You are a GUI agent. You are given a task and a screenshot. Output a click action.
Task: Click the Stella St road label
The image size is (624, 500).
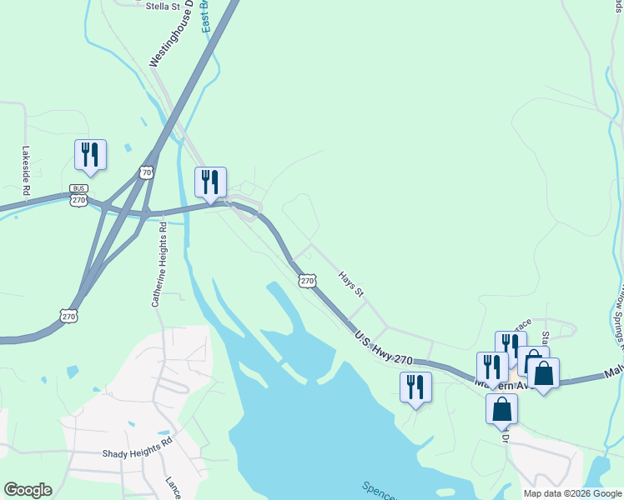pyautogui.click(x=163, y=7)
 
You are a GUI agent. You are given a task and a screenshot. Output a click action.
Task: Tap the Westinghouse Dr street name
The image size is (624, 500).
pyautogui.click(x=171, y=34)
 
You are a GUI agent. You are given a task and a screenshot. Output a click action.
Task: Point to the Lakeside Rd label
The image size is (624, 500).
pyautogui.click(x=26, y=172)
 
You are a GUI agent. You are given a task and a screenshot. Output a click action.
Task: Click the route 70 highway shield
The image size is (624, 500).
pyautogui.click(x=147, y=172)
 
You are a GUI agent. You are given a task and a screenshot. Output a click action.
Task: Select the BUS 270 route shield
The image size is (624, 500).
pyautogui.click(x=78, y=196)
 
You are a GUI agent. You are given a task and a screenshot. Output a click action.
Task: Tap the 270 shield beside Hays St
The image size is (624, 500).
pyautogui.click(x=308, y=281)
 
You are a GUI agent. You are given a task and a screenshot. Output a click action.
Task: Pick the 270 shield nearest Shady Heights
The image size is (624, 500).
pyautogui.click(x=69, y=316)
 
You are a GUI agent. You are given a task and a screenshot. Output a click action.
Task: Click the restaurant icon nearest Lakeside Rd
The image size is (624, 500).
pyautogui.click(x=90, y=154)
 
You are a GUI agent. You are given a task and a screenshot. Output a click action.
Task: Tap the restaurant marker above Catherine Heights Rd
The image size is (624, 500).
pyautogui.click(x=210, y=182)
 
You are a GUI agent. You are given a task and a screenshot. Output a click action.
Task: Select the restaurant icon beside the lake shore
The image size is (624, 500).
pyautogui.click(x=415, y=387)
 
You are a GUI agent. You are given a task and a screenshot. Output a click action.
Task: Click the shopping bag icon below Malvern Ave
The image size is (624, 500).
pyautogui.click(x=501, y=409)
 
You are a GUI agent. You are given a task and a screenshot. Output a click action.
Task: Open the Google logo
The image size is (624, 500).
pyautogui.click(x=28, y=490)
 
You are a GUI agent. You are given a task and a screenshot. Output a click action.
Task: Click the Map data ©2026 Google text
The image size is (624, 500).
pyautogui.click(x=572, y=493)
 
